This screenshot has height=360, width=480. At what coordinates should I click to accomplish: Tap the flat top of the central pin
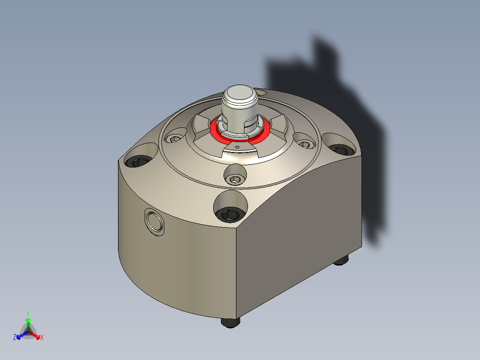pos(240,95)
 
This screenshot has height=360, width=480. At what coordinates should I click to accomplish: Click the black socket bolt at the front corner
pos(229,215)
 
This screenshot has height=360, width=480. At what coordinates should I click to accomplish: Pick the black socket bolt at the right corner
pos(339,149)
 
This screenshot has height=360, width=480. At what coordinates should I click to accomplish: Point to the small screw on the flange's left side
pos(175,139)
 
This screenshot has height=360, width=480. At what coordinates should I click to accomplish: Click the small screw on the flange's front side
pos(235,179)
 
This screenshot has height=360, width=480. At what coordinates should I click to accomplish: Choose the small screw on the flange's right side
pos(305,144)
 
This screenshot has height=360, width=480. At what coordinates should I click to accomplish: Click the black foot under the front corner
pos(230,322)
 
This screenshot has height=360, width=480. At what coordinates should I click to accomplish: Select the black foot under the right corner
pos(341,261)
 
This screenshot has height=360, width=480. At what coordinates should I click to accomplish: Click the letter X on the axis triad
pos(42,337)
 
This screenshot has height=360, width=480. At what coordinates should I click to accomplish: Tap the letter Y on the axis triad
pos(28,313)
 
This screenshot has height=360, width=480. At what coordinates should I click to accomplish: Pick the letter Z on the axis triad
pos(15,337)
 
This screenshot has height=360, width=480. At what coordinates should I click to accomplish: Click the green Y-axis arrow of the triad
pos(28,323)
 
